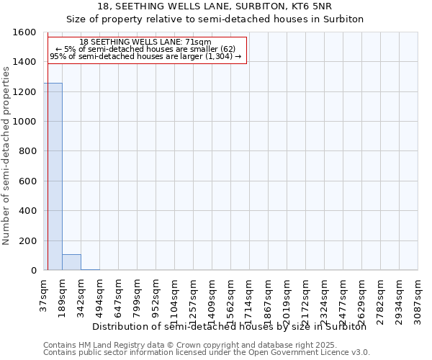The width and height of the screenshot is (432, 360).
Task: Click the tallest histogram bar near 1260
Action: coord(53,176)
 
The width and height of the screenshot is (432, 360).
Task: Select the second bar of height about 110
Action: coord(71,262)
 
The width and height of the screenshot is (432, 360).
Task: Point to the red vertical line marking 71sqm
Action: coord(48,151)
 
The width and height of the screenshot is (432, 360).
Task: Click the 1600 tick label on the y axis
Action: coord(24,32)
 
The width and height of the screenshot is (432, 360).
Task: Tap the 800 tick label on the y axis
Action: coord(27,152)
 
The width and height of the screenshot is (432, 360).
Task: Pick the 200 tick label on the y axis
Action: coord(27,241)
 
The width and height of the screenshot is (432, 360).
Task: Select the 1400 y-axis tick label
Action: coord(24,63)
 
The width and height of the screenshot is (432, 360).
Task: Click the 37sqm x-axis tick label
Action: coord(44,296)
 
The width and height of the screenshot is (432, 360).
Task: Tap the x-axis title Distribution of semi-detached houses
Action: coord(230,327)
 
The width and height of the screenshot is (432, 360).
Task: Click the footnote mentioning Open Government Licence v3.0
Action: coord(207,353)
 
